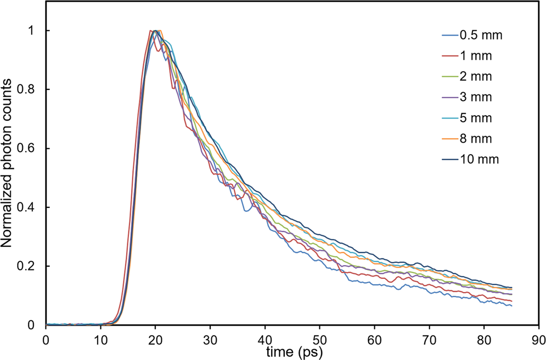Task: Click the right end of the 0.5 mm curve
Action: click(x=511, y=305)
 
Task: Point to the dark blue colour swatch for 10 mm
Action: click(x=450, y=159)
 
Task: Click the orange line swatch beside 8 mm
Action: click(x=450, y=139)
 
